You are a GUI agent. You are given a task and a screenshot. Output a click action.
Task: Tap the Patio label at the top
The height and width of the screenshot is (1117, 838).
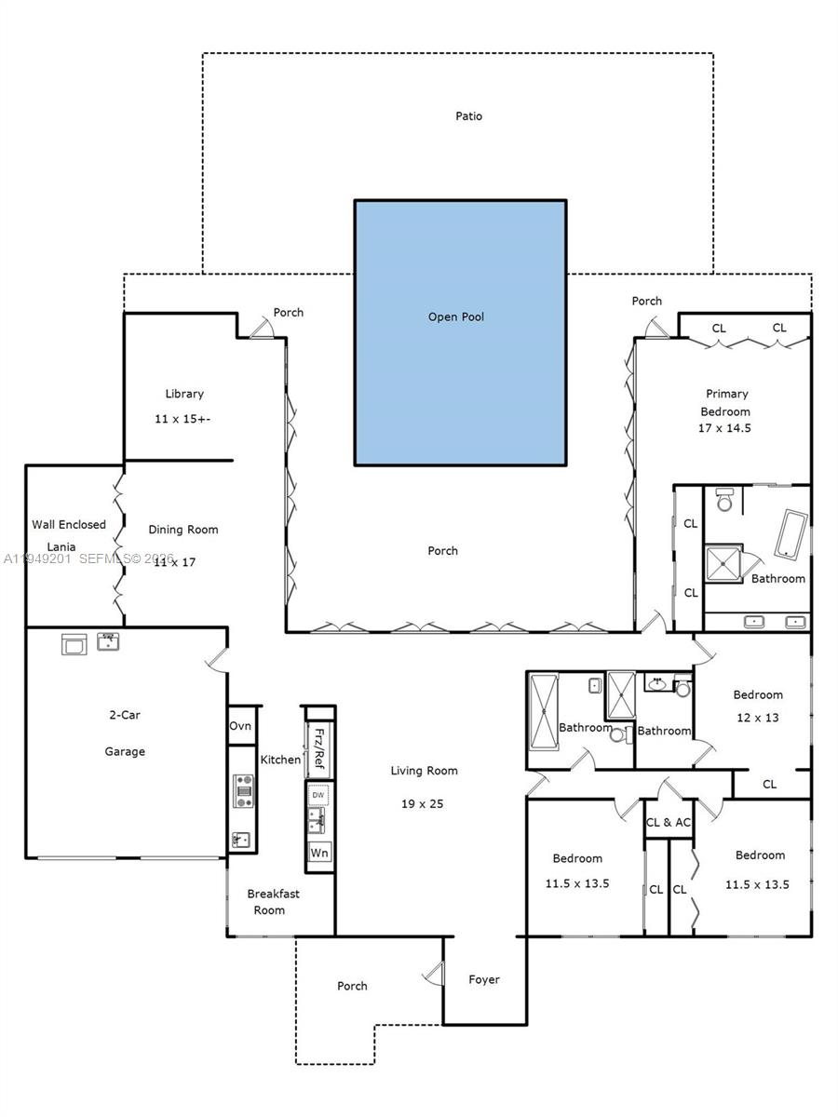tap(468, 116)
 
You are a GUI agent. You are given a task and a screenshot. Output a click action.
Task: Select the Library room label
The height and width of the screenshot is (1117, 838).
tap(183, 394)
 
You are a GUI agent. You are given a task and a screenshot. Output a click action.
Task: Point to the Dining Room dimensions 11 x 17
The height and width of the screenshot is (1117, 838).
tap(175, 562)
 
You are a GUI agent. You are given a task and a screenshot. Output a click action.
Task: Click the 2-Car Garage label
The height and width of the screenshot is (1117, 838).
tap(124, 733)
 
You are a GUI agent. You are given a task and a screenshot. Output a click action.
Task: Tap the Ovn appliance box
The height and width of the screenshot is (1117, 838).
tap(240, 726)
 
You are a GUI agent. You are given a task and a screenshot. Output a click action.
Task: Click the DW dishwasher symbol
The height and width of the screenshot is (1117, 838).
tap(318, 795)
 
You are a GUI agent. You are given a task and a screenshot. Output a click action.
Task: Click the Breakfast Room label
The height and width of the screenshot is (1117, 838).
tap(273, 901)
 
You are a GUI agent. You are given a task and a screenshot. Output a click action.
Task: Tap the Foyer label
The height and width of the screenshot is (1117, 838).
tap(483, 979)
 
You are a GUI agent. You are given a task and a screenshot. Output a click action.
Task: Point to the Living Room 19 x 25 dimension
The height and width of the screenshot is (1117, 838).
tap(424, 803)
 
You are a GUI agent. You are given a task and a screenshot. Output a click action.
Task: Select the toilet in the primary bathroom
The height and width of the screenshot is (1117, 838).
tap(724, 500)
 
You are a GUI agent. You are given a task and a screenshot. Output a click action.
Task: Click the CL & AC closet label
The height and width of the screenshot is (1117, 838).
tap(669, 822)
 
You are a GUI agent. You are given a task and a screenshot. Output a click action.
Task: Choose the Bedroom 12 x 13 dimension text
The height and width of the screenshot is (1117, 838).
tap(757, 718)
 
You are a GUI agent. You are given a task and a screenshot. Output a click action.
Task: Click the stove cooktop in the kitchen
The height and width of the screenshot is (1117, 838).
tap(244, 790)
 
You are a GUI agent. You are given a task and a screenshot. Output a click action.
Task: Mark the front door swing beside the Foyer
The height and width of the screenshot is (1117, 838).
tap(432, 975)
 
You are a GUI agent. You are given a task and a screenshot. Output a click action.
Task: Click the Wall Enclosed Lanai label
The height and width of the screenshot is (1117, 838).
tap(69, 535)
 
